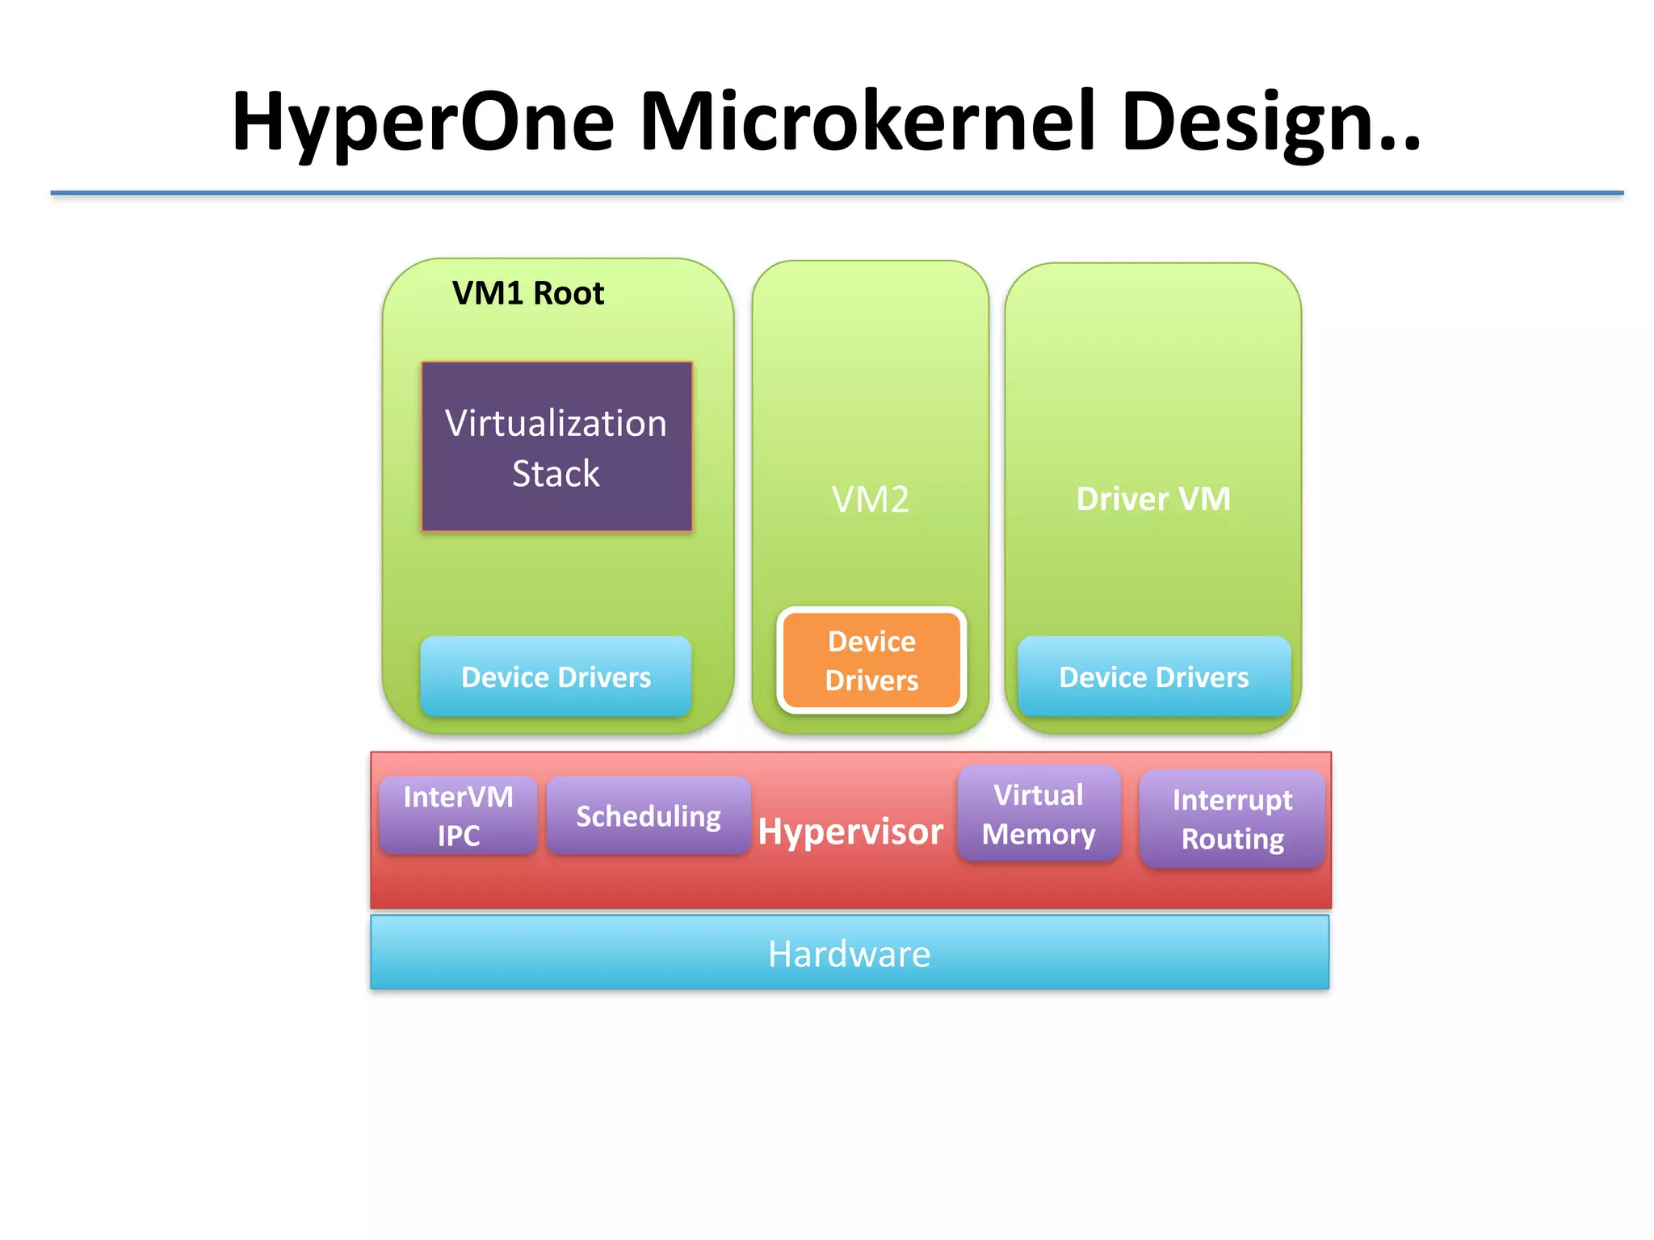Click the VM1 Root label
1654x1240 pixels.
point(528,293)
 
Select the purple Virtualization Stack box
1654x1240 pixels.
point(556,446)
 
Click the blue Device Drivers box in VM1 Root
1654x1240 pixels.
point(556,677)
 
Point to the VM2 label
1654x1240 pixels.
point(870,499)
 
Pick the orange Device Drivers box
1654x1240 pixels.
point(871,660)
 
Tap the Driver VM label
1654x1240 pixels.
point(1153,498)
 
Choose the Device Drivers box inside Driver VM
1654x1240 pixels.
point(1153,677)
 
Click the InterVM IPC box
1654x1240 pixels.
point(458,815)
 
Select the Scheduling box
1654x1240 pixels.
point(649,816)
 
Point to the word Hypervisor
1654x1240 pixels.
point(850,831)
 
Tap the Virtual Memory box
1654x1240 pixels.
point(1039,814)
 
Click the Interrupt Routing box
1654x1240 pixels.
point(1232,819)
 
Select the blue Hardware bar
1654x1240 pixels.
point(850,953)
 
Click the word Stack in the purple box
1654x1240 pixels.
point(556,473)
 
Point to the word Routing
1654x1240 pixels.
point(1232,839)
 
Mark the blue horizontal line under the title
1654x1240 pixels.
point(837,193)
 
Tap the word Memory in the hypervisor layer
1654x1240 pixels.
point(1039,834)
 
